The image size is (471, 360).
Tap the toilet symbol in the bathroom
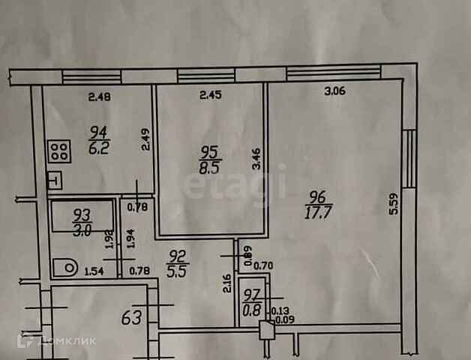point(66,267)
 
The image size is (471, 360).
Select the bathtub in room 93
point(81,219)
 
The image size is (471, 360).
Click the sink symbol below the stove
point(54,180)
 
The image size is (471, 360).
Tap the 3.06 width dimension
point(334,92)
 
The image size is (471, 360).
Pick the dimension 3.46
point(256,160)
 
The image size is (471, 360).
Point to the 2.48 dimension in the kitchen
point(99,95)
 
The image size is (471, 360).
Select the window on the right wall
point(408,159)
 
